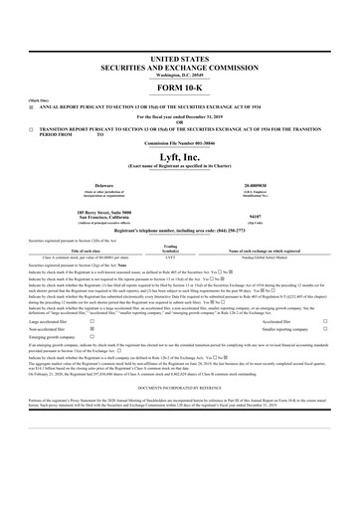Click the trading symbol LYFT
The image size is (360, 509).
coord(170,259)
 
